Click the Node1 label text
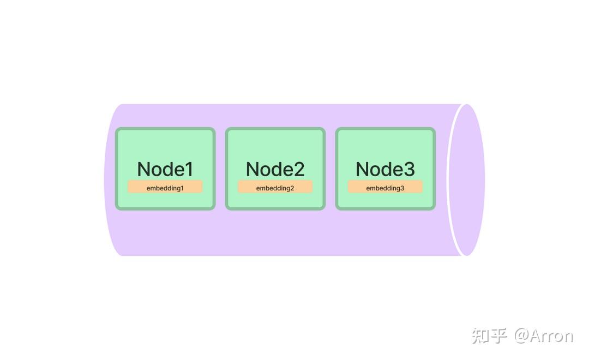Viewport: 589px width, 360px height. [x=165, y=169]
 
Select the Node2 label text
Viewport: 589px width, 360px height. [x=275, y=169]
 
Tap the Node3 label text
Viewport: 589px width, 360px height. [x=386, y=169]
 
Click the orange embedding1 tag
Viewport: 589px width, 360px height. [x=165, y=187]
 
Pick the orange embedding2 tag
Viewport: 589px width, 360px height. [x=275, y=187]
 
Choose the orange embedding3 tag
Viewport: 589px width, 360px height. [x=386, y=187]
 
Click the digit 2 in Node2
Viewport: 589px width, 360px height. [x=299, y=169]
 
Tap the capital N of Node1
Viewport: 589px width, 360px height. [x=144, y=169]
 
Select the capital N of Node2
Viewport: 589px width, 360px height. [x=253, y=169]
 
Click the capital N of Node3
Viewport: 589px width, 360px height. [x=363, y=169]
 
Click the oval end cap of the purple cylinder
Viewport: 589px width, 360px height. [x=467, y=180]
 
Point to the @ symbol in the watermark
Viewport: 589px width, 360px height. [x=521, y=335]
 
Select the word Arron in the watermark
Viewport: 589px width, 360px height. [x=552, y=335]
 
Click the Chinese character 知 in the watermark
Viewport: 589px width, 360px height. [x=480, y=335]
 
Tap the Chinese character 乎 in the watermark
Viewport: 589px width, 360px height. [x=499, y=335]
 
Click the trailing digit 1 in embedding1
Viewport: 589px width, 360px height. [x=182, y=188]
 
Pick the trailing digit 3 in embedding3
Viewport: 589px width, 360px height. [x=402, y=188]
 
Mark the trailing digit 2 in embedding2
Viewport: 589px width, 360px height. [x=292, y=188]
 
